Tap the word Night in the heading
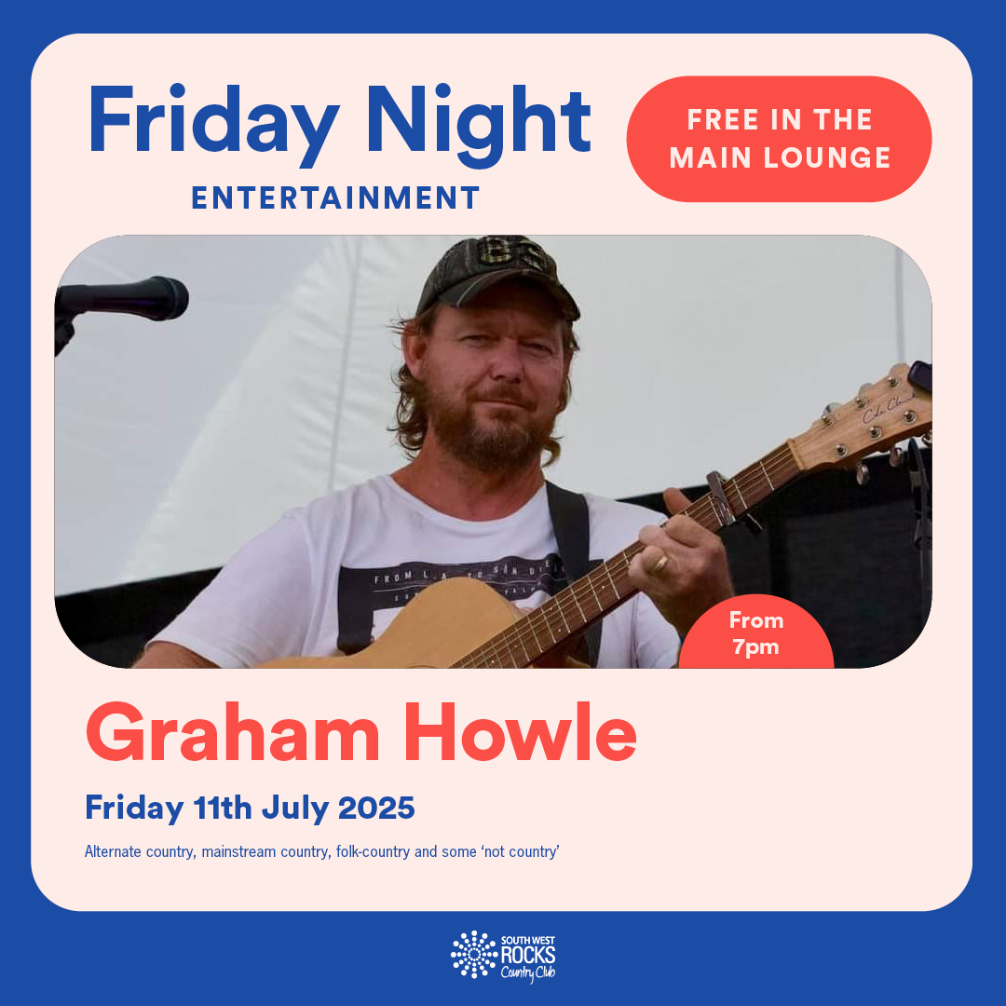pyautogui.click(x=479, y=125)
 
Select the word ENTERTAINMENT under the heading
pyautogui.click(x=335, y=197)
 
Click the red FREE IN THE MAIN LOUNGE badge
pyautogui.click(x=779, y=139)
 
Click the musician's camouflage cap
pyautogui.click(x=497, y=278)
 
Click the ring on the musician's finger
pyautogui.click(x=660, y=564)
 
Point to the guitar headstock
pyautogui.click(x=866, y=420)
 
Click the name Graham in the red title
pyautogui.click(x=233, y=733)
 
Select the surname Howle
pyautogui.click(x=521, y=733)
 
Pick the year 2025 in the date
pyautogui.click(x=376, y=807)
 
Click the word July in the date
pyautogui.click(x=294, y=809)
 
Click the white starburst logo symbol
pyautogui.click(x=474, y=955)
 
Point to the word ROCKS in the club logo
pyautogui.click(x=528, y=955)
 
